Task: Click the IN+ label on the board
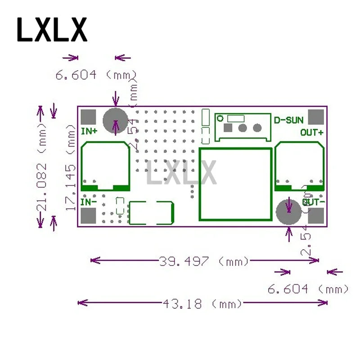(x=89, y=131)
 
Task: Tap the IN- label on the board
(x=89, y=202)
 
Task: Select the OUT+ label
(x=312, y=132)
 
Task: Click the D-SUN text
(x=289, y=120)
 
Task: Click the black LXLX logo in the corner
(x=52, y=30)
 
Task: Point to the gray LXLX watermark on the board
(x=182, y=173)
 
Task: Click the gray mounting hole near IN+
(x=115, y=121)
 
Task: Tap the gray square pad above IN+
(x=90, y=117)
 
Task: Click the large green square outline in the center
(x=235, y=184)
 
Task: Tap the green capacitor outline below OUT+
(x=299, y=166)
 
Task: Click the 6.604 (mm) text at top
(x=96, y=75)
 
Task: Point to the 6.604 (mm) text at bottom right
(x=308, y=288)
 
